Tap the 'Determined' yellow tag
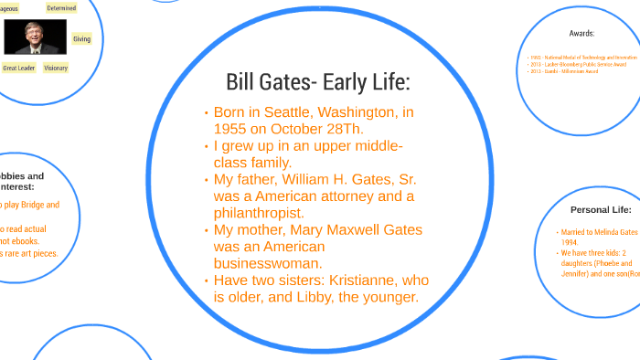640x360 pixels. pyautogui.click(x=61, y=8)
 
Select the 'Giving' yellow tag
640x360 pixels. pyautogui.click(x=81, y=39)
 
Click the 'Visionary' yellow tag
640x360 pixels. pyautogui.click(x=56, y=68)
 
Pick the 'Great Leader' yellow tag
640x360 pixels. pyautogui.click(x=18, y=68)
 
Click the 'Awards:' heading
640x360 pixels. pyautogui.click(x=581, y=33)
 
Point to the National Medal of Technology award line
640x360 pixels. pyautogui.click(x=583, y=57)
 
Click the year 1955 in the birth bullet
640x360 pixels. pyautogui.click(x=230, y=128)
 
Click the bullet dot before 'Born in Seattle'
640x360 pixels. pyautogui.click(x=206, y=113)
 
